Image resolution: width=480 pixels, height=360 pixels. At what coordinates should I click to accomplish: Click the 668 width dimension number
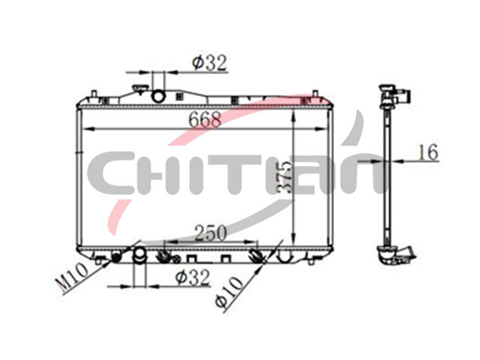pos(204,119)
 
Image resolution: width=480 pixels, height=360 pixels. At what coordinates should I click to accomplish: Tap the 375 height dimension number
pos(283,177)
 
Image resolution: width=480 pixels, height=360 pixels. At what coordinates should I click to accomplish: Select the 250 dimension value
pos(211,232)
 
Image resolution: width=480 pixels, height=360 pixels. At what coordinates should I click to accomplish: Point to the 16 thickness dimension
pos(428,152)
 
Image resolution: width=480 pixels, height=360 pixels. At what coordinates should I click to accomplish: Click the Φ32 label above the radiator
pos(210,63)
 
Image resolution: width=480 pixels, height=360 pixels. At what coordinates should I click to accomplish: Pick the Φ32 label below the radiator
pos(193,277)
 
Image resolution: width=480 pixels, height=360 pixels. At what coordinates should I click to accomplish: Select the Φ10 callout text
pos(229,292)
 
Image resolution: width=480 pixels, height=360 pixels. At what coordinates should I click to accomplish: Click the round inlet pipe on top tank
pos(159,96)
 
